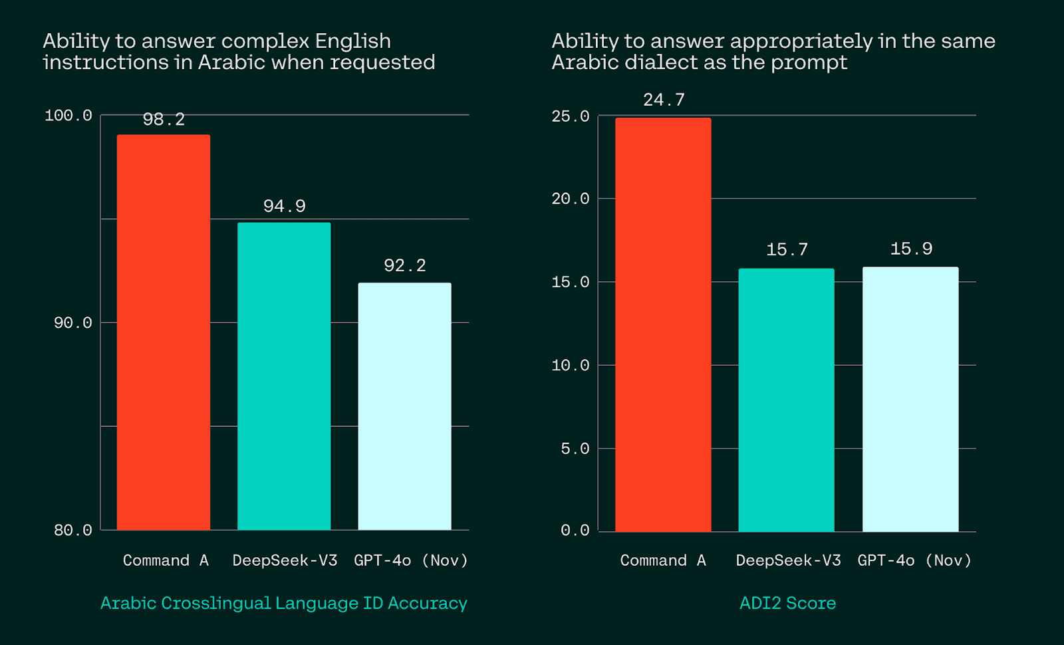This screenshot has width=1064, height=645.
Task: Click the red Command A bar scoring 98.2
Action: coord(164,332)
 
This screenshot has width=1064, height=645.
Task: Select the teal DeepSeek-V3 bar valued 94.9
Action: coord(284,376)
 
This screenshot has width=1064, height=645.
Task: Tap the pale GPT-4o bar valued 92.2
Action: coord(404,406)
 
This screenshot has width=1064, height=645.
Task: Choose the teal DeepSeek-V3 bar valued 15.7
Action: coord(786,400)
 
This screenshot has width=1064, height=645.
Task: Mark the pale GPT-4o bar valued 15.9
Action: coord(910,399)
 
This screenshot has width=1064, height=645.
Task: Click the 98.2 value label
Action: coord(164,120)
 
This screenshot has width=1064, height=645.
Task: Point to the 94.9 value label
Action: coord(284,206)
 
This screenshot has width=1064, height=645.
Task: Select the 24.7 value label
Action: coord(664,100)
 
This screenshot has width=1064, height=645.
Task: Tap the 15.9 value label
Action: coord(911,249)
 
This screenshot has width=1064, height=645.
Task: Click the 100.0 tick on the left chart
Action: coord(68,116)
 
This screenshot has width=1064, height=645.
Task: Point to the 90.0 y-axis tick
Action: coord(72,323)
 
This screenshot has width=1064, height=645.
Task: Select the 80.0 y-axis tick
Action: coord(72,531)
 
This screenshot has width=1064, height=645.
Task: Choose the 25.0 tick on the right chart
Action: coord(570,116)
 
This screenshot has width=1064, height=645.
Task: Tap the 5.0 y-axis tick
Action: coord(575,449)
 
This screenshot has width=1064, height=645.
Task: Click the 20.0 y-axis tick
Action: coord(570,199)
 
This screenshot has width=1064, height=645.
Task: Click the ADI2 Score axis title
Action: coord(787,603)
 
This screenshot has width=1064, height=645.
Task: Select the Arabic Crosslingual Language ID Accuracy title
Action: coord(284,603)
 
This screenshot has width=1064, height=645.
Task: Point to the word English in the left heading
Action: coord(352,41)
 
